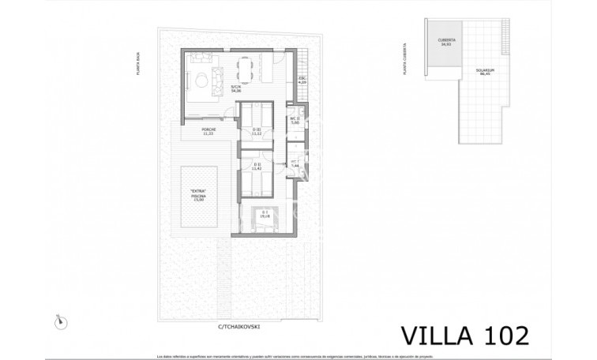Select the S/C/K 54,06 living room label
[x=235, y=89]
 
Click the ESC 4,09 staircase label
[x=301, y=81]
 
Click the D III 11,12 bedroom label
[x=257, y=131]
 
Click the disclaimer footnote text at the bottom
[x=298, y=355]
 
